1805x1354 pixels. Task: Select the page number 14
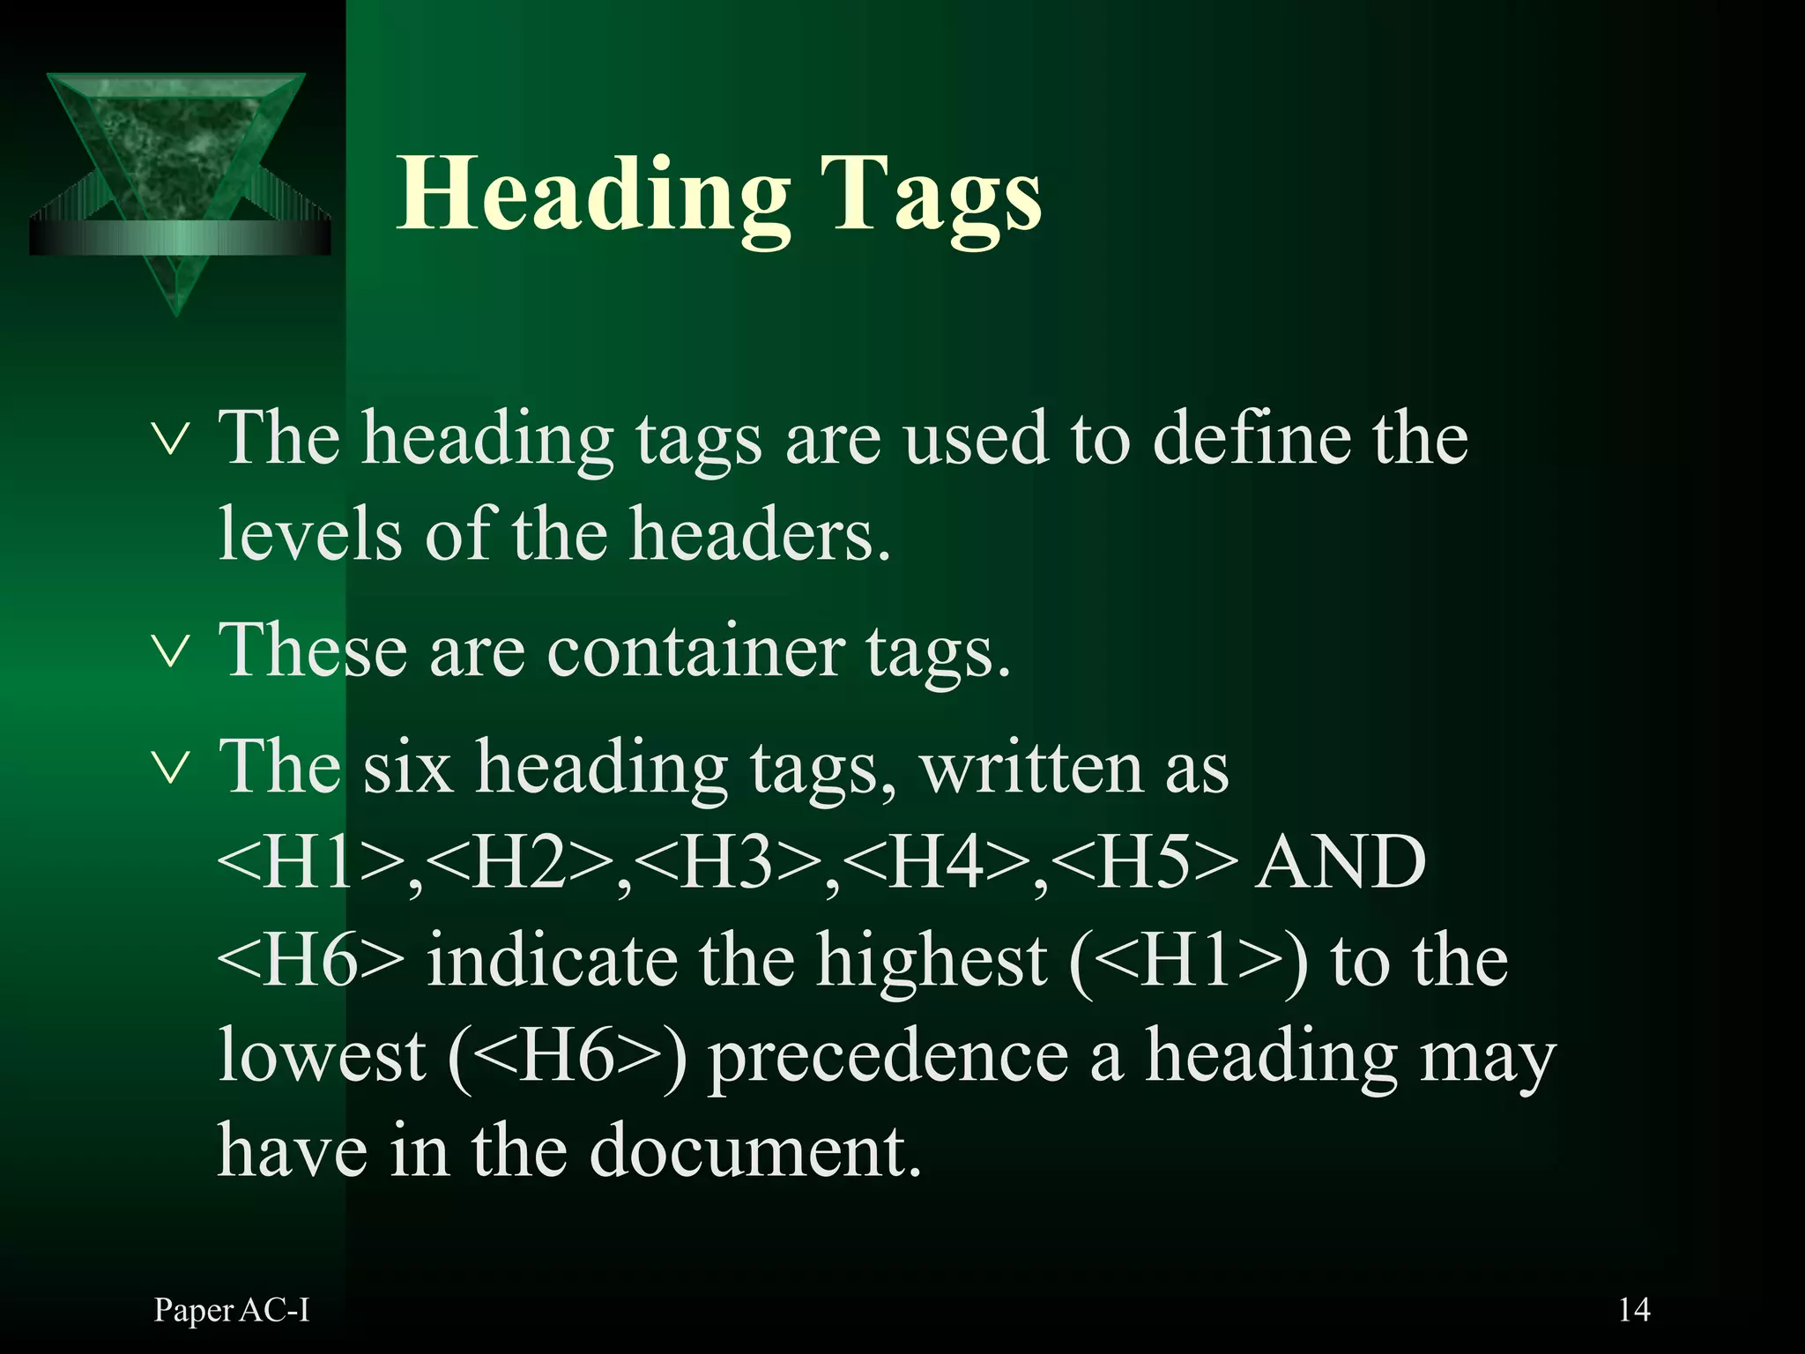point(1633,1310)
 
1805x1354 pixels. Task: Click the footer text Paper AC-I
point(232,1311)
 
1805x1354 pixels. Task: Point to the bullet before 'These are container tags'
point(169,652)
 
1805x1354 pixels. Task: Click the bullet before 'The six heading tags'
point(169,768)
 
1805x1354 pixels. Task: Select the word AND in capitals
point(1342,863)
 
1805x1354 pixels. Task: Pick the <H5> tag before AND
point(1144,863)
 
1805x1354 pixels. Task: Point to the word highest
point(932,960)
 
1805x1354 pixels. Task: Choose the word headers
point(760,535)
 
